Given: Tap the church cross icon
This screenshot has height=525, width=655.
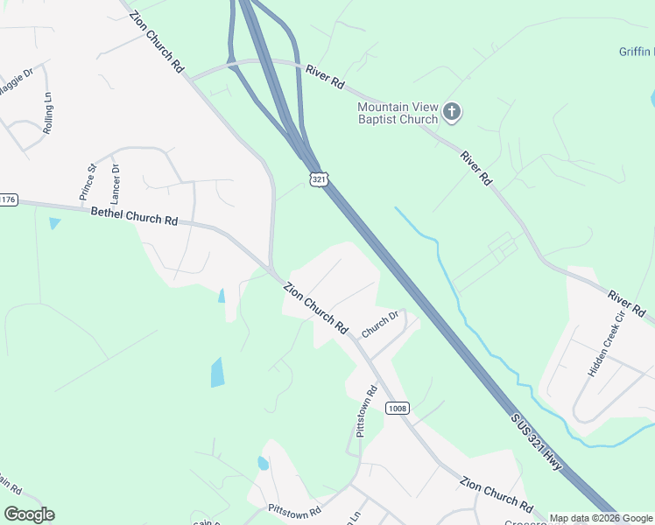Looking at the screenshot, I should pyautogui.click(x=452, y=111).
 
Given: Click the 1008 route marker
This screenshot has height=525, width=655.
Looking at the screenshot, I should pyautogui.click(x=396, y=409).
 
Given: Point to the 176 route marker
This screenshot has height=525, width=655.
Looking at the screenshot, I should pyautogui.click(x=8, y=200).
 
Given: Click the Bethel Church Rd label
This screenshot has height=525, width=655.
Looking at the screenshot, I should pyautogui.click(x=134, y=215).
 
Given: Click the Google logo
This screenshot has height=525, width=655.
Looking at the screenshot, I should pyautogui.click(x=29, y=514).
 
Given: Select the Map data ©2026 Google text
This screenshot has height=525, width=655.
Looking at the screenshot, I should pyautogui.click(x=601, y=518).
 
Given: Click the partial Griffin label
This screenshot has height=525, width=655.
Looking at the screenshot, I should pyautogui.click(x=637, y=52).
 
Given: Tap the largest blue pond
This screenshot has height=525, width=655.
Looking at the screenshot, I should pyautogui.click(x=217, y=372).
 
